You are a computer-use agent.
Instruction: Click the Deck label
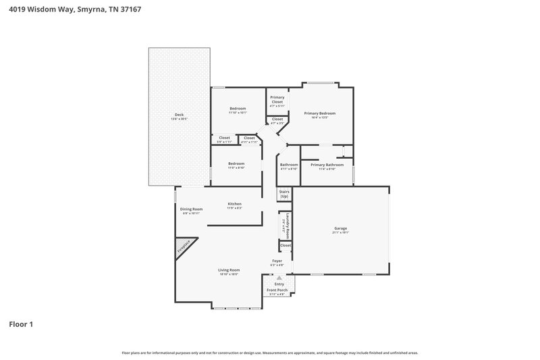tap(179, 115)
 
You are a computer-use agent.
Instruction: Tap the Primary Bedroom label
tap(319, 113)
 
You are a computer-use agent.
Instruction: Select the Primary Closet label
tap(277, 99)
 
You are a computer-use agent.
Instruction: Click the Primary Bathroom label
tap(327, 165)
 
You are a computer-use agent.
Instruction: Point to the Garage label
tap(340, 229)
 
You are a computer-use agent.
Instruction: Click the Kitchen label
tap(234, 204)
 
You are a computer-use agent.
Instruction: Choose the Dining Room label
tap(191, 209)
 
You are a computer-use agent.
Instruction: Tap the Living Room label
tap(229, 270)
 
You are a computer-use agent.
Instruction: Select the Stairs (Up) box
tap(284, 194)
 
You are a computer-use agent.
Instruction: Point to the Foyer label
tap(277, 261)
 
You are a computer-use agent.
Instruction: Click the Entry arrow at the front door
tap(279, 278)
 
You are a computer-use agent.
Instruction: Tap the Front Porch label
tap(277, 290)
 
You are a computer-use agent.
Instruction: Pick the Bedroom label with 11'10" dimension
tap(237, 109)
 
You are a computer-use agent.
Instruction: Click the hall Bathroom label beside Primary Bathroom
tap(289, 165)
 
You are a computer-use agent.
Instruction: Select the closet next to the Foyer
tap(286, 245)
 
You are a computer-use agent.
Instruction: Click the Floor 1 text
tap(21, 324)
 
